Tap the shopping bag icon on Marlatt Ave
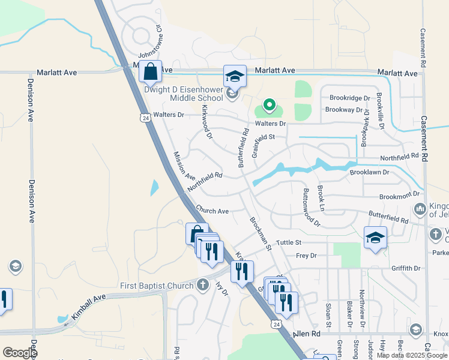(151, 71)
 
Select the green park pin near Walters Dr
(270, 106)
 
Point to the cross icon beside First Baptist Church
(203, 284)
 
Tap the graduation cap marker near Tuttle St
(375, 238)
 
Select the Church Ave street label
(212, 211)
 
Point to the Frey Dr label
(306, 256)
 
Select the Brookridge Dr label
(350, 98)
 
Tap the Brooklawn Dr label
(369, 172)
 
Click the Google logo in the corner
(20, 353)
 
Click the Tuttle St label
(288, 242)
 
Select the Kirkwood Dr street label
(206, 122)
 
